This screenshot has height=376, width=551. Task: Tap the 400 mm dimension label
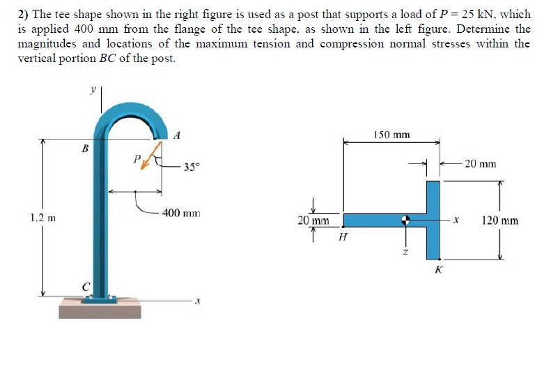[x=181, y=212]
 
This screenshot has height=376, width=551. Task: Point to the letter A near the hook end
[x=177, y=135]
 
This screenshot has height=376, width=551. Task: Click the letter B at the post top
[x=85, y=148]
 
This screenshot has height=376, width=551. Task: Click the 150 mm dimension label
[x=391, y=134]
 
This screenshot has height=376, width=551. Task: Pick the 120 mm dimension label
[x=499, y=220]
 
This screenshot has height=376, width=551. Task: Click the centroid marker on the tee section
[x=405, y=220]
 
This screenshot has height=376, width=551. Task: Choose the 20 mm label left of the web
[x=313, y=220]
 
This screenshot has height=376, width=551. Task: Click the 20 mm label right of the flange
[x=480, y=164]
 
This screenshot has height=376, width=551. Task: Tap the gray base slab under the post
[x=104, y=309]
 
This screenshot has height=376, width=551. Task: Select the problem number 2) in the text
[x=26, y=14]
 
